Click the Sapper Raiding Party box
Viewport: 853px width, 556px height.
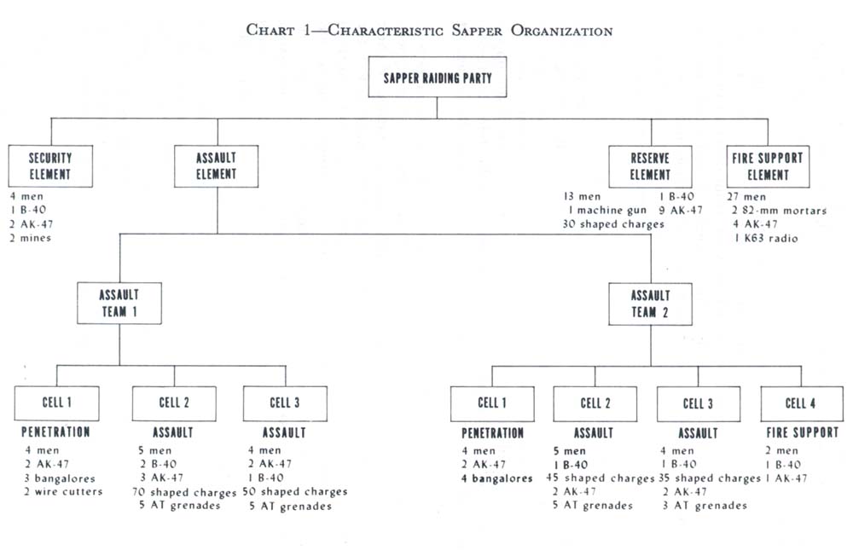point(437,78)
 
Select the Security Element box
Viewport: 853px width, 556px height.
point(50,166)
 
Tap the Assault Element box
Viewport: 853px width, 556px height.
point(217,166)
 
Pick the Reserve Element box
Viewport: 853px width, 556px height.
point(650,166)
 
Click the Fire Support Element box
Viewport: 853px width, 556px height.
point(767,166)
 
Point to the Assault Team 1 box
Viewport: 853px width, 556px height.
point(119,304)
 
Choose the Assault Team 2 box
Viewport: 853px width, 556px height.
point(650,304)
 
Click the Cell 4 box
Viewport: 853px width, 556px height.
point(801,403)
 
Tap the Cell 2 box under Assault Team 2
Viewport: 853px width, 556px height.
point(595,403)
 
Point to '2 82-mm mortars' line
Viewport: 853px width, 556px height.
point(779,211)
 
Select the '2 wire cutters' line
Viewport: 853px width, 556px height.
point(64,492)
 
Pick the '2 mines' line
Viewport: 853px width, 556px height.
point(32,238)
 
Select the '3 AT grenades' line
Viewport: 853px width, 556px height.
point(704,506)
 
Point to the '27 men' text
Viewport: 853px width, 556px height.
point(746,197)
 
